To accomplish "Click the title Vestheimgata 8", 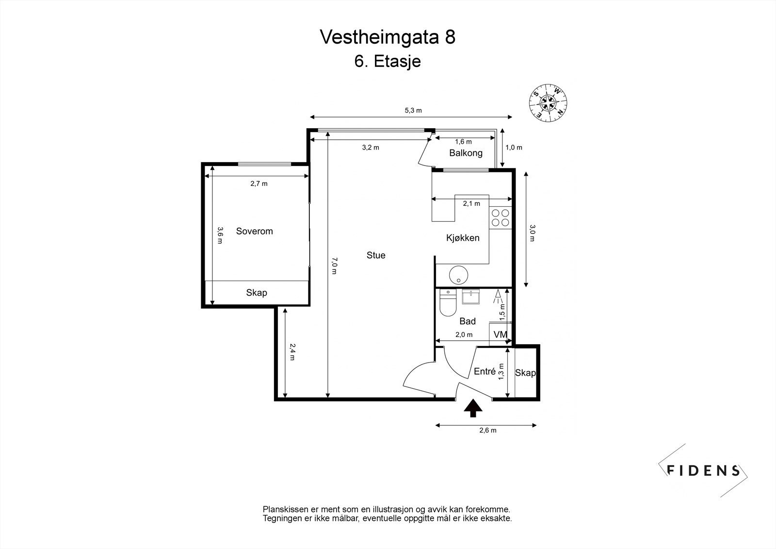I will (388, 37).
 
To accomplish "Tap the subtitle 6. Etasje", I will (388, 62).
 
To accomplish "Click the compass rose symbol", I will (549, 102).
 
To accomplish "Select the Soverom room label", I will (254, 231).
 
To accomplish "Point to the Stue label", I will (376, 255).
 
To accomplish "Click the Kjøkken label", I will (463, 238).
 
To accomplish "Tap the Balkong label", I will (466, 153).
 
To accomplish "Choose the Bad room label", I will (467, 321).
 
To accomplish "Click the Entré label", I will (485, 371).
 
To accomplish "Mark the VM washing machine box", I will (500, 334).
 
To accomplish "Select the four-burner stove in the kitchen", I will (500, 217).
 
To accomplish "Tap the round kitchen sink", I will (458, 275).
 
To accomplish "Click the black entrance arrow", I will (473, 408).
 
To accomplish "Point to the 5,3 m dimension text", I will (413, 110).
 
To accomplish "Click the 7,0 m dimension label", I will (334, 266).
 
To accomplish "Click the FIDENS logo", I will (703, 470).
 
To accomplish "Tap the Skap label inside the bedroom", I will (256, 293).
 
